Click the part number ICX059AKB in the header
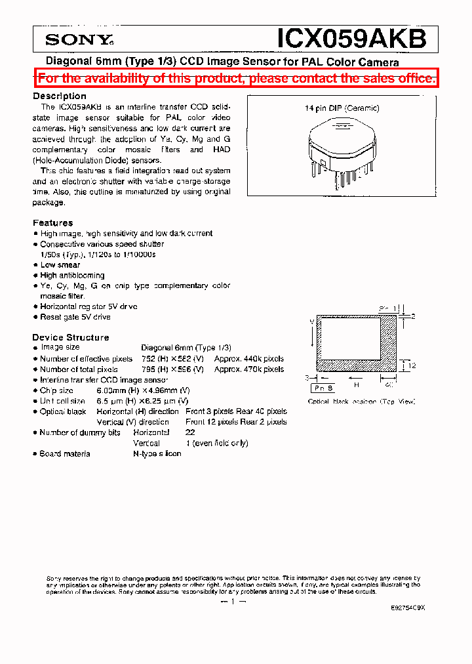pyautogui.click(x=352, y=39)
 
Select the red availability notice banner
pyautogui.click(x=236, y=79)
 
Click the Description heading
pyautogui.click(x=60, y=96)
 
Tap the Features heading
pyautogui.click(x=53, y=222)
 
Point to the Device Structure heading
pyautogui.click(x=71, y=337)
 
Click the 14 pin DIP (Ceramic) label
pyautogui.click(x=342, y=108)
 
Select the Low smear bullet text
pyautogui.click(x=60, y=265)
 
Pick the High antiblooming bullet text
pyautogui.click(x=72, y=276)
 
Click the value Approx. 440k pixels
pyautogui.click(x=249, y=359)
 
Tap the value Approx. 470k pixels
pyautogui.click(x=249, y=369)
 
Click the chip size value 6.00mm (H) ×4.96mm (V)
pyautogui.click(x=165, y=390)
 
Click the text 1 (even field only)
pyautogui.click(x=217, y=443)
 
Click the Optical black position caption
pyautogui.click(x=361, y=402)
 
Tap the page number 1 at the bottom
pyautogui.click(x=233, y=602)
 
